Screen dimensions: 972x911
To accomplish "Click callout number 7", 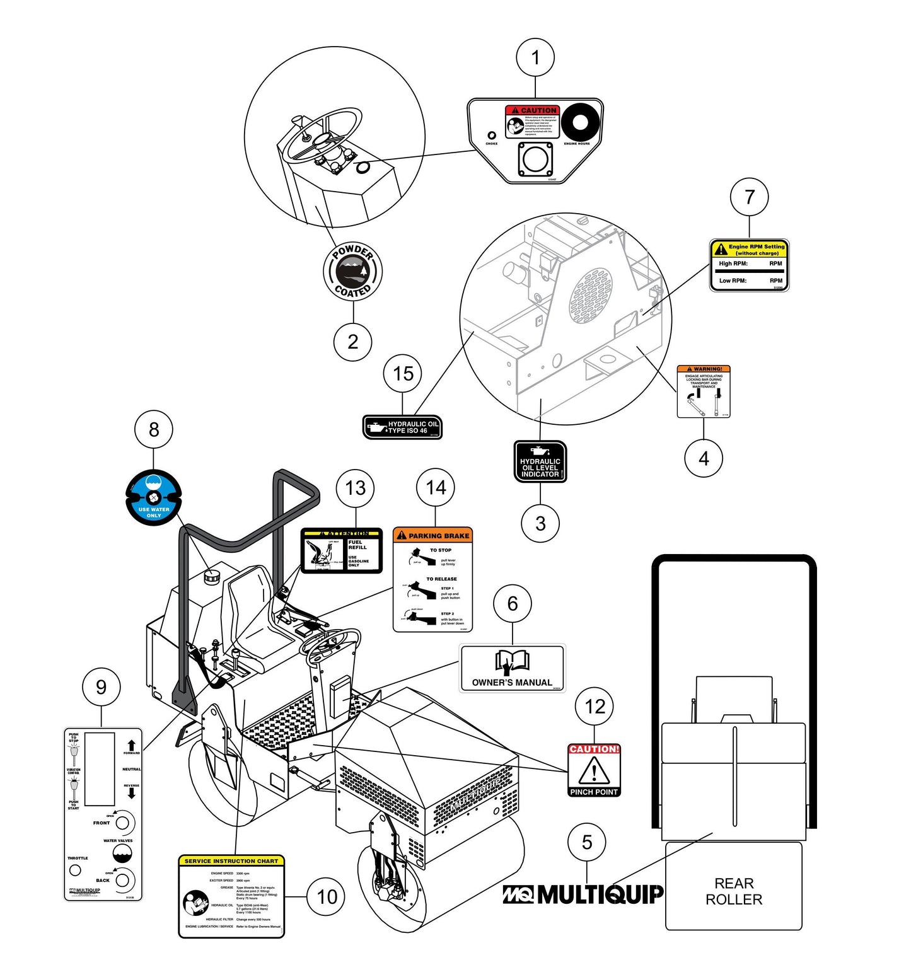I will (749, 197).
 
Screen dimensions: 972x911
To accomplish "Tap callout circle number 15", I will (403, 373).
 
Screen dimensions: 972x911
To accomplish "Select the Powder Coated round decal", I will (353, 272).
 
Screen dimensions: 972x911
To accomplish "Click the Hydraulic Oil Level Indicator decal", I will (540, 461).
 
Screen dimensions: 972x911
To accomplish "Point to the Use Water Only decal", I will (154, 498).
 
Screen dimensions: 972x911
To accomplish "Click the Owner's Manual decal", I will (512, 668).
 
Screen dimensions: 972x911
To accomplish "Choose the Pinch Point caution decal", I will (594, 770).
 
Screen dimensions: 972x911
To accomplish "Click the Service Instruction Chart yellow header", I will (231, 861).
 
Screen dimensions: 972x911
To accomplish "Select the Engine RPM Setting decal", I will (750, 265).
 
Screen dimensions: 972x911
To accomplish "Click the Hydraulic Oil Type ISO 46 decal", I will (403, 427).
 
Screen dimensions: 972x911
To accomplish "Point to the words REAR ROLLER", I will (734, 891).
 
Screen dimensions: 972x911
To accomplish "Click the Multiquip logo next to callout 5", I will (583, 894).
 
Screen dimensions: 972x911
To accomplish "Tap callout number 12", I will (595, 707).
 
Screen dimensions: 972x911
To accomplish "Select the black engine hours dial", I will (580, 122).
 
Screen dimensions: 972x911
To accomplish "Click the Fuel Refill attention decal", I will (342, 551).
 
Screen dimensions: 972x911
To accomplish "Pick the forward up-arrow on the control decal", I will (131, 746).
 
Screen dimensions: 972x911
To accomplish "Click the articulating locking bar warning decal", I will (704, 391).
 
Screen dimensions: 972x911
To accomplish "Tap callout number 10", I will (327, 896).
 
